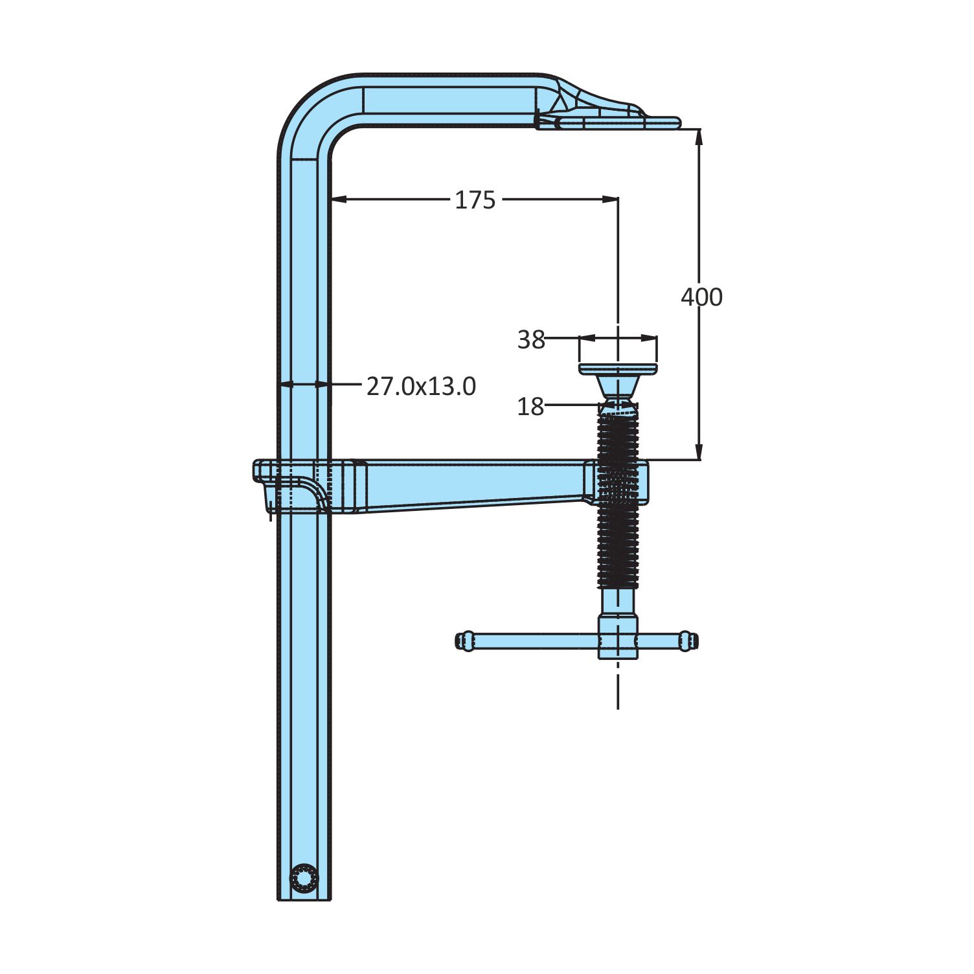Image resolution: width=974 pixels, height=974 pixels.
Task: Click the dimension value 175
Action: click(475, 200)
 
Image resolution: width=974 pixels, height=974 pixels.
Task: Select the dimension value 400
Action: click(701, 297)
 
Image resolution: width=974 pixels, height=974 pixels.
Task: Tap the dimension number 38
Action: click(531, 339)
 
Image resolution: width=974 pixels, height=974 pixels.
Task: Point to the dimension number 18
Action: click(530, 407)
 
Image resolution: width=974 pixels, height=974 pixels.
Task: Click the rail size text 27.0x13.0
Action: click(421, 386)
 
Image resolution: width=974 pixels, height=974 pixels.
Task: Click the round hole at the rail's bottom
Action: click(304, 878)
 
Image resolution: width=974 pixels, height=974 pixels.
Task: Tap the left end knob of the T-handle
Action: click(465, 641)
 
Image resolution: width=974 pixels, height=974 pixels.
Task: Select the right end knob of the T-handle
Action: click(688, 641)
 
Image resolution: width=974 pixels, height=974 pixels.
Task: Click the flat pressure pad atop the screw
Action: click(618, 369)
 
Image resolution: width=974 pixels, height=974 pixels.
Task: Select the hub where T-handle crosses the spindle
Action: click(618, 637)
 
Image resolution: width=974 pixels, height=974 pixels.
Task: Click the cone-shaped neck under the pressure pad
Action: click(618, 387)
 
